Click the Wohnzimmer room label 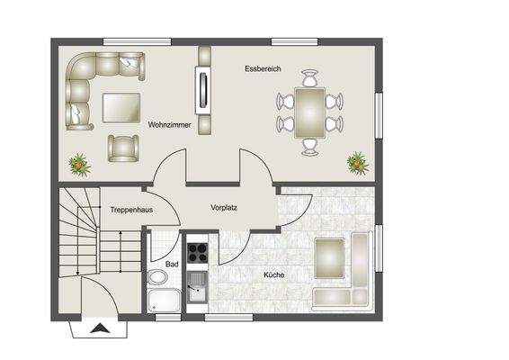[x=170, y=126]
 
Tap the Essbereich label [x=263, y=69]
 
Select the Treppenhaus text [x=129, y=209]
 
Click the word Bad [x=171, y=265]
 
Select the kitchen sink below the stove [x=196, y=290]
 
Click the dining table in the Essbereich [x=310, y=112]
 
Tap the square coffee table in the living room [x=120, y=108]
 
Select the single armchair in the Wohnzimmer [x=122, y=147]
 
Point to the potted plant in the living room [x=79, y=165]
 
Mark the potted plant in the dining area [x=358, y=163]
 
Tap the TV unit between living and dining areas [x=204, y=89]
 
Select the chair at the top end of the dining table [x=310, y=77]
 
